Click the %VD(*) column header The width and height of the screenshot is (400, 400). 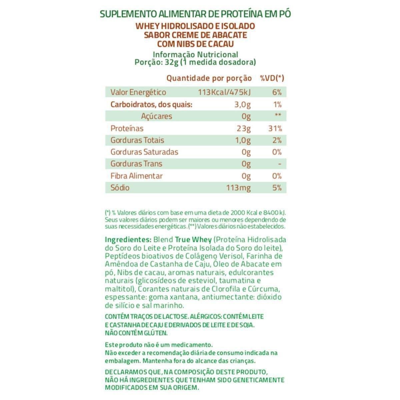[x=272, y=78]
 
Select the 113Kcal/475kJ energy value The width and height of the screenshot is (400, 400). [x=224, y=92]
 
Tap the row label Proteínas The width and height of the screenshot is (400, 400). [x=127, y=128]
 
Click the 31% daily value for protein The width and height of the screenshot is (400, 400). [x=275, y=128]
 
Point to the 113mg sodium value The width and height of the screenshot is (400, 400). [x=238, y=188]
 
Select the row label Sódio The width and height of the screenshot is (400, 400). [x=120, y=188]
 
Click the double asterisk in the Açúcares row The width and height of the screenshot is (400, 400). [x=278, y=116]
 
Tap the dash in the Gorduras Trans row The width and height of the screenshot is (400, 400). [x=279, y=164]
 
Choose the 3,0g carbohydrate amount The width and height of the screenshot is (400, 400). [x=242, y=105]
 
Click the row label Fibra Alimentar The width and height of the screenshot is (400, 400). [x=137, y=176]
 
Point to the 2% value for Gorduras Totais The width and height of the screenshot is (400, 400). [x=277, y=140]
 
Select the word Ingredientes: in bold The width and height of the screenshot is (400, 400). [x=128, y=240]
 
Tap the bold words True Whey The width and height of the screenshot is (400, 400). [x=193, y=240]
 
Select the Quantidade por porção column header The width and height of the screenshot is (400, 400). [x=209, y=78]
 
